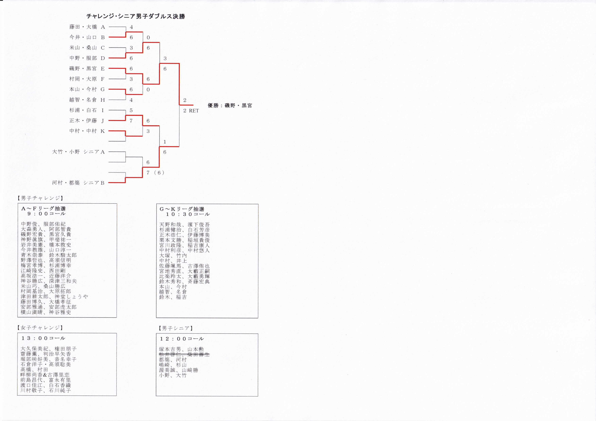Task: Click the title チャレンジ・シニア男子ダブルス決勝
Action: coord(135,16)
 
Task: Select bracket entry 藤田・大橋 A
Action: coord(87,27)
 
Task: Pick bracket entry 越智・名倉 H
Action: coord(87,100)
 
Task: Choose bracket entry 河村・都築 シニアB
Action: coord(78,183)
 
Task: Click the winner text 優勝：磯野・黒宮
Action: coord(230,106)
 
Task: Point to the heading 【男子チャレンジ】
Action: coord(40,198)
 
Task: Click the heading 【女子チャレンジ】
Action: coord(40,328)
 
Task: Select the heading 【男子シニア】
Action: coord(176,328)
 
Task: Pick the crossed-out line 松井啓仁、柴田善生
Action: coord(184,354)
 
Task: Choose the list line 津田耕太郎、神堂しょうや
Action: coord(55,297)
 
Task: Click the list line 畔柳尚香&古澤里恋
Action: coord(45,375)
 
